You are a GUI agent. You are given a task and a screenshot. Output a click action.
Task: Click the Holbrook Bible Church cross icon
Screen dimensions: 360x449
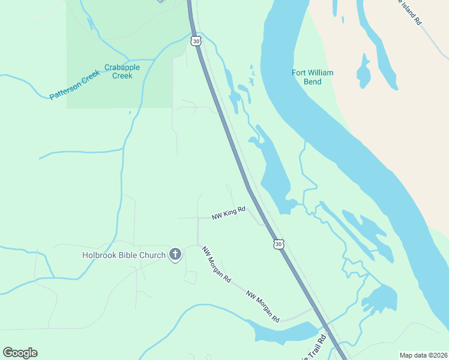coord(175,254)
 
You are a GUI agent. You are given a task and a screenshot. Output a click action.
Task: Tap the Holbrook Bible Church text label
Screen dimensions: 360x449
coord(124,255)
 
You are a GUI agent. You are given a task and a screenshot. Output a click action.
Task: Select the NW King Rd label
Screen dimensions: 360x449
coord(229,213)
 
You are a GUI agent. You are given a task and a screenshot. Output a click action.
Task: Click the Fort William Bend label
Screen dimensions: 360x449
coord(312,77)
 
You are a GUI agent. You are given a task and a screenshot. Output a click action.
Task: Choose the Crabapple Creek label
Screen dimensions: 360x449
coord(122,71)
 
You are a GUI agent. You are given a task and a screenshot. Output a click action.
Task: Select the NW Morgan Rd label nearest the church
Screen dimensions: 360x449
coord(216,264)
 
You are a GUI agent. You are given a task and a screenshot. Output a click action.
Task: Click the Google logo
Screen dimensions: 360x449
coord(20,353)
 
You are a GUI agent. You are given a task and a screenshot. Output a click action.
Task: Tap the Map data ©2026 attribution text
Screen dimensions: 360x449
coord(423,355)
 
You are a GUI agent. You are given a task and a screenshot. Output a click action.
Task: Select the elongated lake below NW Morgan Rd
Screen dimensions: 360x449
coord(282,331)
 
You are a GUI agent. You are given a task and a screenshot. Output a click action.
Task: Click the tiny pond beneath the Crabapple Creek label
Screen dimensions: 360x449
coord(130,112)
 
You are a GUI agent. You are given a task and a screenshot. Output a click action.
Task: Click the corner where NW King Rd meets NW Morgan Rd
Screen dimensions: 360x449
coord(198,218)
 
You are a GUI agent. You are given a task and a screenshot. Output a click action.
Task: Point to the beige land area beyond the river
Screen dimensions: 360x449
coord(408,108)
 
